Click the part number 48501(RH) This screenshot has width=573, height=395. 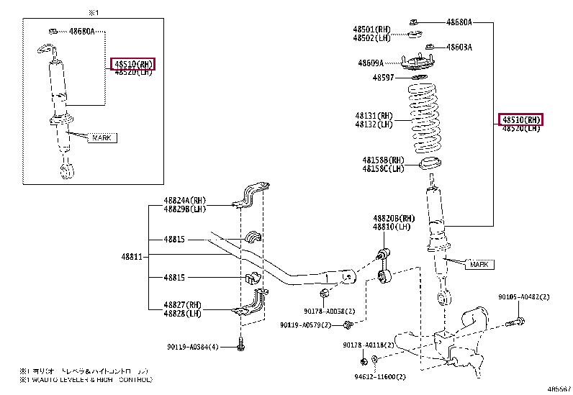(372, 29)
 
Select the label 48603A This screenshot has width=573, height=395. (459, 47)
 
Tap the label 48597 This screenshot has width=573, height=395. (383, 77)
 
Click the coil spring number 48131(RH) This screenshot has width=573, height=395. (373, 115)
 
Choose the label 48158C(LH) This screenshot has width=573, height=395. (383, 169)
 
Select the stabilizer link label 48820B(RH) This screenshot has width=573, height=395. (394, 218)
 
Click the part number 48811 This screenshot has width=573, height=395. (132, 256)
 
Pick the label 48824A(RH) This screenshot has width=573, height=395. (184, 201)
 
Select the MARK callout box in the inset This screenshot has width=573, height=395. (101, 137)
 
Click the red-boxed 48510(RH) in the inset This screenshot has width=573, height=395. (133, 64)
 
